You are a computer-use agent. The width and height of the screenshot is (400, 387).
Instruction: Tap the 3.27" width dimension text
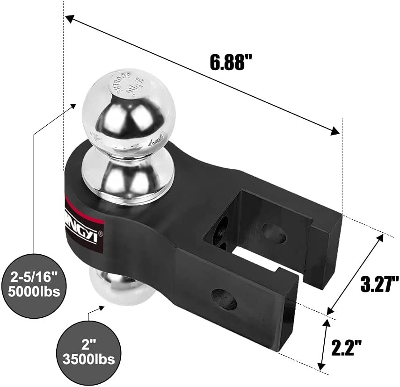(x=379, y=283)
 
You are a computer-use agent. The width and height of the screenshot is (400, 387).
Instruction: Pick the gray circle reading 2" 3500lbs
(x=88, y=353)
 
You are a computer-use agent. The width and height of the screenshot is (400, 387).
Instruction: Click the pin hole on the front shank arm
(x=224, y=300)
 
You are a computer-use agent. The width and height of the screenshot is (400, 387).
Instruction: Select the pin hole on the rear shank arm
(x=274, y=232)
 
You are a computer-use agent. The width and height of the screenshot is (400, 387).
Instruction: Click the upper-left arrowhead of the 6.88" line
(x=69, y=19)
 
